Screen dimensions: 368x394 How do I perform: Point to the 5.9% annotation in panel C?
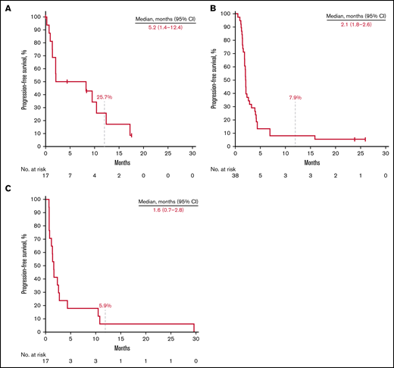click(x=105, y=305)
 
